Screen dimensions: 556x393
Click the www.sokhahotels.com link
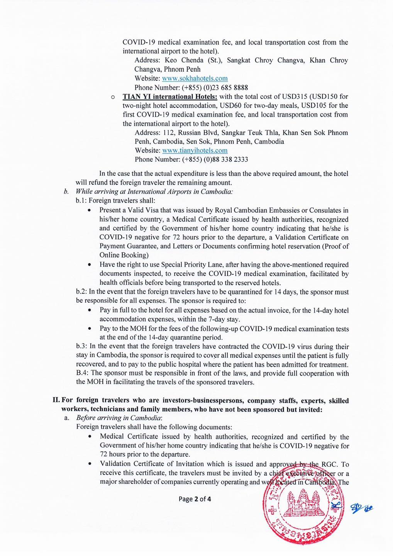[195, 78]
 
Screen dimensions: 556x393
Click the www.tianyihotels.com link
[195, 151]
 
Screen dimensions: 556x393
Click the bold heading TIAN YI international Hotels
[170, 97]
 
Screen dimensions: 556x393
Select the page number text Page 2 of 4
[195, 499]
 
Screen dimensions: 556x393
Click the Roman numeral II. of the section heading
[58, 401]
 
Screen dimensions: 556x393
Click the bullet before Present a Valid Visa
[90, 211]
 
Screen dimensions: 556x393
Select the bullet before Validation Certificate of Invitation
[90, 464]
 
